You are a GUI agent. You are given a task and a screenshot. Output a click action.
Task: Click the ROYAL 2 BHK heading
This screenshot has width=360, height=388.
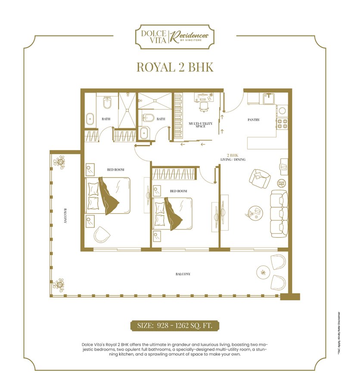click(x=175, y=67)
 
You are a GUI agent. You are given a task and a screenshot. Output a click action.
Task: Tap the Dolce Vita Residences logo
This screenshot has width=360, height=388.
click(x=175, y=37)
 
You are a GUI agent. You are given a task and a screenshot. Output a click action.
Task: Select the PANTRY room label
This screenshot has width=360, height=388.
click(x=254, y=120)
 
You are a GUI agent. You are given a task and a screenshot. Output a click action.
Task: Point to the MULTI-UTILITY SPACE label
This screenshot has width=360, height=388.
click(x=201, y=125)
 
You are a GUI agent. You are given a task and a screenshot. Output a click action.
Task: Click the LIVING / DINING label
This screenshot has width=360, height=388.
click(x=233, y=160)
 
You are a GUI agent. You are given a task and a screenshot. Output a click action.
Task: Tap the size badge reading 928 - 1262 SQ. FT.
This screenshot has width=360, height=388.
click(x=175, y=325)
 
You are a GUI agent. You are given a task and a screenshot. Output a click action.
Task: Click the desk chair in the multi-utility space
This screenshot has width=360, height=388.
click(x=204, y=107)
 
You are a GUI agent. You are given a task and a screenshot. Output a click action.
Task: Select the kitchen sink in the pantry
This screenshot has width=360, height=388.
click(x=269, y=98)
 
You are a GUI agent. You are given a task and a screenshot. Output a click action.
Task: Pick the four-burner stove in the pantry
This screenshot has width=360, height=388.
click(x=282, y=124)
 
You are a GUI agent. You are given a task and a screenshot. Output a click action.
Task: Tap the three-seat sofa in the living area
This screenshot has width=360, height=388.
click(x=279, y=213)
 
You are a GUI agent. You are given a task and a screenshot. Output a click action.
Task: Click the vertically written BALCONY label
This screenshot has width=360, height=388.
click(x=65, y=215)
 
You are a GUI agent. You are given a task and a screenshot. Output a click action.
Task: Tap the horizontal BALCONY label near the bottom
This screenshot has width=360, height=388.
click(x=183, y=274)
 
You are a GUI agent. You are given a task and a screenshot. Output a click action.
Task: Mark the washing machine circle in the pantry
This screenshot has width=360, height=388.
click(x=282, y=111)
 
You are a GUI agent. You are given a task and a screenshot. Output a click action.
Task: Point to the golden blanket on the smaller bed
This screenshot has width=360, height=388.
click(x=173, y=213)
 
